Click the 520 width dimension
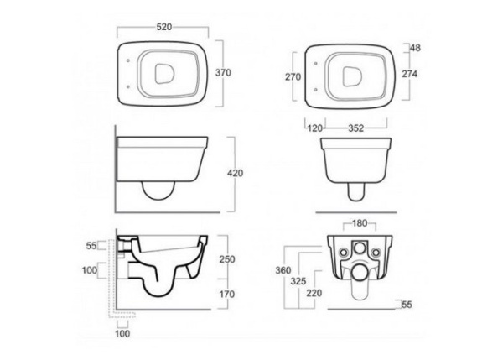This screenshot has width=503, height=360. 164,27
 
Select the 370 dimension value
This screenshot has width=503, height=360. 223,72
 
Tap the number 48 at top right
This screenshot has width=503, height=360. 415,48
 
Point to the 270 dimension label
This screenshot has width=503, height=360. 293,76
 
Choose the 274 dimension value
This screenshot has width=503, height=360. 410,74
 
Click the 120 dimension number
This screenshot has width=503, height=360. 315,128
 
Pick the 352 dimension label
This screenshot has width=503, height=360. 356,128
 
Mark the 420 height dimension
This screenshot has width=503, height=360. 235,173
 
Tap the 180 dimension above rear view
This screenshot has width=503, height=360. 360,223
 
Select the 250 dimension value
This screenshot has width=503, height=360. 227,258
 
